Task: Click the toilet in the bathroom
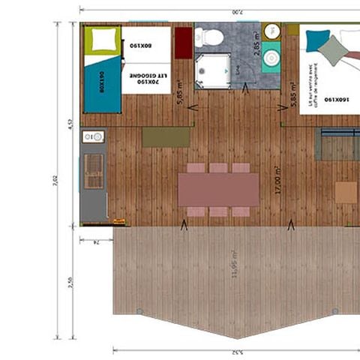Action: [x=214, y=37]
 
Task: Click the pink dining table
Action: [x=218, y=190]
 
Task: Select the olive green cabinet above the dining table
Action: [x=166, y=136]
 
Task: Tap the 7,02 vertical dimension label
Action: [x=55, y=181]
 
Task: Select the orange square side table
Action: [x=346, y=193]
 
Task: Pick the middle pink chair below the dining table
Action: [x=217, y=212]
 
